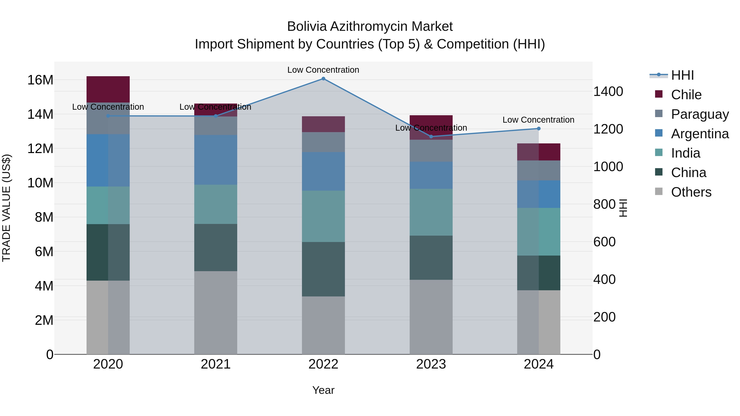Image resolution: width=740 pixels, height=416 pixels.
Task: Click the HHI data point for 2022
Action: (323, 79)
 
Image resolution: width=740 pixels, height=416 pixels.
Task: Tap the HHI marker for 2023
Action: (431, 137)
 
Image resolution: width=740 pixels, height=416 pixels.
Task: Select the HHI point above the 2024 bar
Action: (539, 129)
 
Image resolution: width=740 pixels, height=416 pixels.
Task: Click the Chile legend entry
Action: (686, 95)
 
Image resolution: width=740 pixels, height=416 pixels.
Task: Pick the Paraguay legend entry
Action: (700, 114)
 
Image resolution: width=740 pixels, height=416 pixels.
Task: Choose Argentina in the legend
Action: (700, 134)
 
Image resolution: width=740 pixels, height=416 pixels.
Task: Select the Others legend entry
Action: (691, 192)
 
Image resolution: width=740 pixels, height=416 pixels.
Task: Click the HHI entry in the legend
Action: (682, 75)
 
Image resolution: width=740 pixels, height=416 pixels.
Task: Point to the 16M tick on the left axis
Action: (40, 80)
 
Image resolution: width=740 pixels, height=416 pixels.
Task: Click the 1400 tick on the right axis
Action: (608, 92)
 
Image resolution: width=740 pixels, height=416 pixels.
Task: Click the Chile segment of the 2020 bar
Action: (108, 89)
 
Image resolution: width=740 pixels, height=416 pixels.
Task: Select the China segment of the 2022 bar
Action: (323, 269)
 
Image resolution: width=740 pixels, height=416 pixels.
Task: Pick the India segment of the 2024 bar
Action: (539, 232)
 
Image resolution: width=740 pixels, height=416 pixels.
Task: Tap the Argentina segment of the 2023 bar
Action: (431, 175)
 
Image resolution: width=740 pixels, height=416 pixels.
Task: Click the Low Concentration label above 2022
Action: (323, 70)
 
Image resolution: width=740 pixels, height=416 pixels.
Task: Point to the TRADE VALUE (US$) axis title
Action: (7, 208)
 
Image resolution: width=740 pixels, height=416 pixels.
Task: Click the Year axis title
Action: (323, 390)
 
